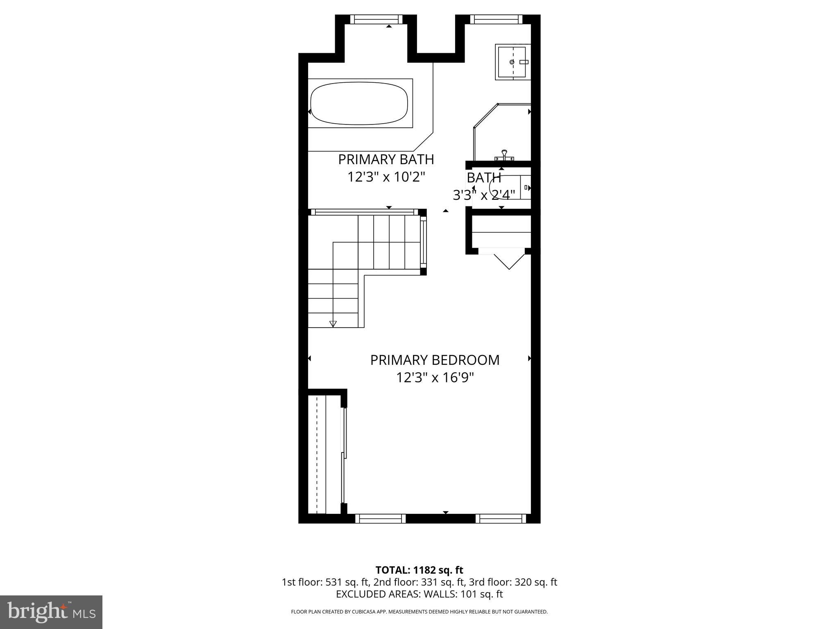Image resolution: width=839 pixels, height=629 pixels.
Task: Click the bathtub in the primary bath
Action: coord(359,104)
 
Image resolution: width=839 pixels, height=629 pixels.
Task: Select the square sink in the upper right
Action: coord(512,62)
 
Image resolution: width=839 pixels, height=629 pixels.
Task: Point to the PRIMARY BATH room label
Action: coord(386,159)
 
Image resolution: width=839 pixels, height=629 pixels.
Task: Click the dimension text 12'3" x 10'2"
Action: coord(386,177)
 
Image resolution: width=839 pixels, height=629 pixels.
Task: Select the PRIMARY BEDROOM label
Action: coord(435,360)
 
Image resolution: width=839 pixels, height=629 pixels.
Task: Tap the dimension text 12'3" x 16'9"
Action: coord(435,377)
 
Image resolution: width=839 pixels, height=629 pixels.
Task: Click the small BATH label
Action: coord(484,178)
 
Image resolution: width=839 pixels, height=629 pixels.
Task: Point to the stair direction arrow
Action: coord(333,324)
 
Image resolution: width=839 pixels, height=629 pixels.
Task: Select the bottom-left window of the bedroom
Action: coord(380,518)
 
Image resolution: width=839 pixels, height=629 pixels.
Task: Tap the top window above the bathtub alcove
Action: coord(376,19)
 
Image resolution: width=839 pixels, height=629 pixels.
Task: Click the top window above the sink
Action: coord(496,19)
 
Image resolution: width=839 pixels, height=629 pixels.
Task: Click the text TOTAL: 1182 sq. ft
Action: coord(419,570)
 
